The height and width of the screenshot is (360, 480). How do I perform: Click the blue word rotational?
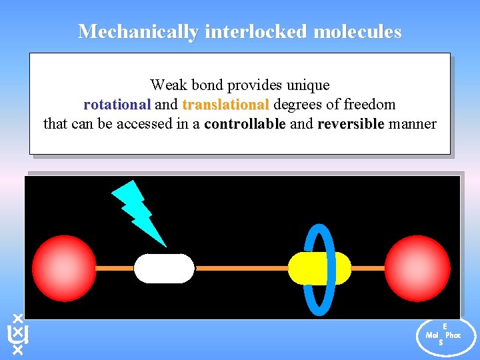pyautogui.click(x=117, y=105)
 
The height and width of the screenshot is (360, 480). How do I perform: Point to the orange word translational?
pyautogui.click(x=225, y=105)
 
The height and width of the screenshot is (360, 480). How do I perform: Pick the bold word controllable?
pyautogui.click(x=245, y=124)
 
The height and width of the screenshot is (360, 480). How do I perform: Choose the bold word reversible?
pyautogui.click(x=351, y=124)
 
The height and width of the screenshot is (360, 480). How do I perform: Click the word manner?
pyautogui.click(x=413, y=124)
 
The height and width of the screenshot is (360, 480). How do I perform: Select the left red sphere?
pyautogui.click(x=65, y=267)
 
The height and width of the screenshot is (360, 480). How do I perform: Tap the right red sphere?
pyautogui.click(x=417, y=267)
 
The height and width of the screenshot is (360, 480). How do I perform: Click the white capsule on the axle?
pyautogui.click(x=164, y=268)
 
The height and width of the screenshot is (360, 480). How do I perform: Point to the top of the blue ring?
pyautogui.click(x=319, y=227)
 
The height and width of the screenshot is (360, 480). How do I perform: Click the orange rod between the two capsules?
pyautogui.click(x=240, y=268)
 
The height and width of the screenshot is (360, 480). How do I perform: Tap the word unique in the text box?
pyautogui.click(x=307, y=85)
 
